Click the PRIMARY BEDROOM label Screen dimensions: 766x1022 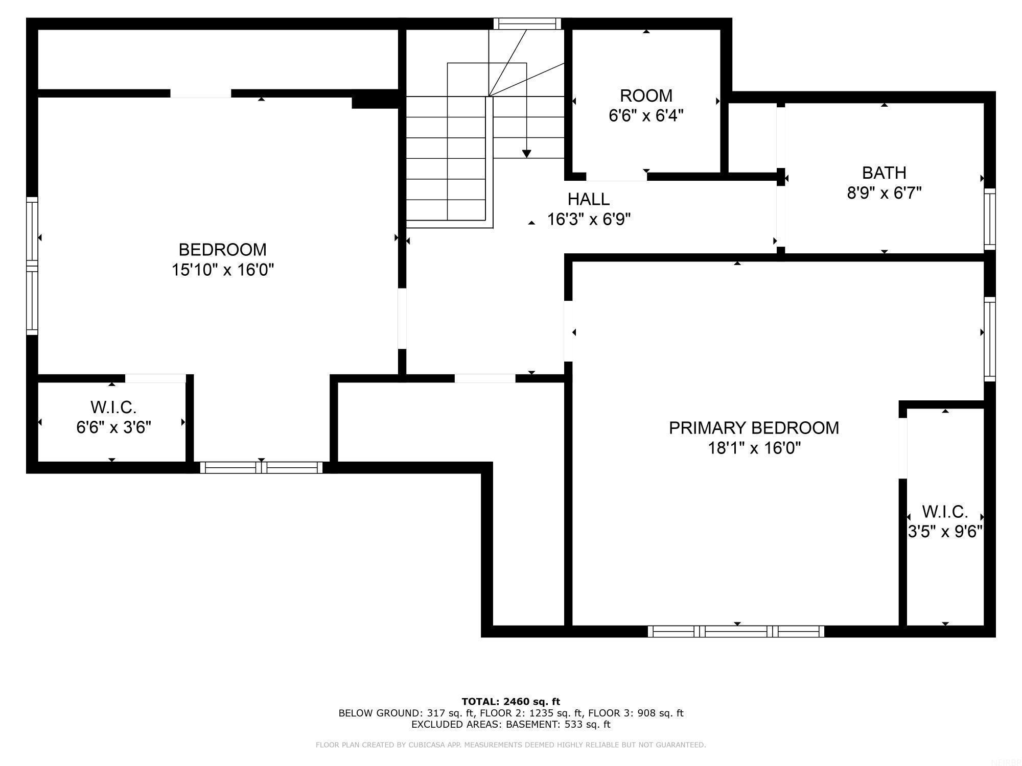click(x=754, y=427)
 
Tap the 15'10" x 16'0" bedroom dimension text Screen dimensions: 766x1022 click(x=222, y=270)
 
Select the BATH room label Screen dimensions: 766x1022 click(x=884, y=173)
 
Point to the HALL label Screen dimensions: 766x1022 click(x=588, y=199)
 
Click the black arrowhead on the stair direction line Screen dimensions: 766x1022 click(x=526, y=153)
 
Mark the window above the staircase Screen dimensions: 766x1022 click(x=527, y=23)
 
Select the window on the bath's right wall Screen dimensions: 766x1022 click(x=990, y=219)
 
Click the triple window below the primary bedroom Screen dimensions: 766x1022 click(x=736, y=631)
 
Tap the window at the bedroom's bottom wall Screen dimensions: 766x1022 click(x=261, y=467)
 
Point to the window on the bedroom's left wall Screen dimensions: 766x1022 click(x=32, y=266)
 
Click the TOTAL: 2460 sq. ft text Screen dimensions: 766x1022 click(x=510, y=701)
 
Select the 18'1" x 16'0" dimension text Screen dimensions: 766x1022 click(x=754, y=448)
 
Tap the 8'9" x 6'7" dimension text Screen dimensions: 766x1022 click(x=884, y=193)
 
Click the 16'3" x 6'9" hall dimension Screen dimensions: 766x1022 click(x=589, y=219)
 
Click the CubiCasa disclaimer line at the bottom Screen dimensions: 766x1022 click(x=510, y=745)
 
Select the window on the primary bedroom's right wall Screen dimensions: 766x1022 click(x=990, y=339)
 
